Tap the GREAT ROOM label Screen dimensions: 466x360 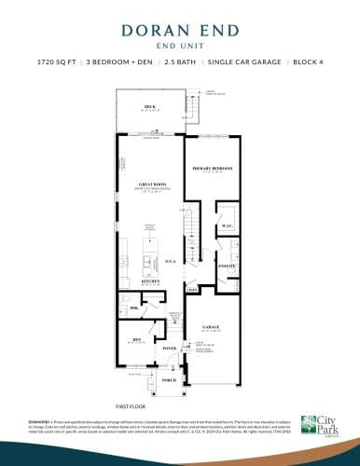[148, 185]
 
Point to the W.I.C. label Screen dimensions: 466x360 [227, 226]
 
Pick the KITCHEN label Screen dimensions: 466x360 [149, 280]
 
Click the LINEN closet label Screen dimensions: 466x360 [192, 291]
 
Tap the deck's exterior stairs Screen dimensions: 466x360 [195, 111]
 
